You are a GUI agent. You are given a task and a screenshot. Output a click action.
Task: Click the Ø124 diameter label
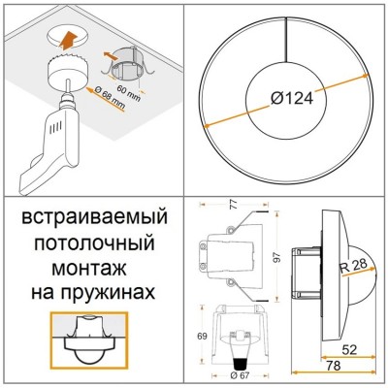(292, 98)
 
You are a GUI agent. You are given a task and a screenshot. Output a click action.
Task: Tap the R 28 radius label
(353, 266)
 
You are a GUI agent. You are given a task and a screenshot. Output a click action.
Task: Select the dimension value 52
(349, 349)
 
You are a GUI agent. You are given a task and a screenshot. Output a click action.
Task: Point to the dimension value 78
(333, 366)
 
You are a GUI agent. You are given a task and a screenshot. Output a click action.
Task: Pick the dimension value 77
(234, 204)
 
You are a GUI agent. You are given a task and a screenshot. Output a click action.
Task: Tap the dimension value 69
(202, 336)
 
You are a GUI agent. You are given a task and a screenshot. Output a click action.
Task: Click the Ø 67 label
(239, 375)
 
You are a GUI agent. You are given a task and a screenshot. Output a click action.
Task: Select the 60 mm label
(129, 93)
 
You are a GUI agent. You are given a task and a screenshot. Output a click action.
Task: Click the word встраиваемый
(94, 218)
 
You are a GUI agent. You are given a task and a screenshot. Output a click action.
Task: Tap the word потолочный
(94, 243)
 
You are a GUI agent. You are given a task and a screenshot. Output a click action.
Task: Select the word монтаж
(89, 268)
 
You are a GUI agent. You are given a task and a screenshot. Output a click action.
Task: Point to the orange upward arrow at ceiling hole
(68, 39)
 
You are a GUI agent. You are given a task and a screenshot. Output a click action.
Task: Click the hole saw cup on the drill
(67, 72)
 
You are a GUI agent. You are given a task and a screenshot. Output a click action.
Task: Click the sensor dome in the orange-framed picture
(88, 357)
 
